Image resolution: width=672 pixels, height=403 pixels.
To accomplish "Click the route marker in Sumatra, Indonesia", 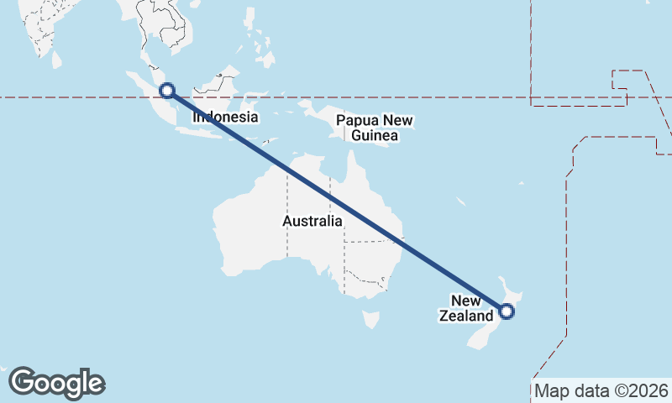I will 167,91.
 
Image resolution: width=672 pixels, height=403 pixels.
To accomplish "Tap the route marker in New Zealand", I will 507,311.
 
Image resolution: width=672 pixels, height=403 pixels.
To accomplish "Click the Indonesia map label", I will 225,118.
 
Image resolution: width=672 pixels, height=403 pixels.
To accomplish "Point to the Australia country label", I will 312,222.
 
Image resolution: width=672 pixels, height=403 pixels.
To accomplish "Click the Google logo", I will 57,383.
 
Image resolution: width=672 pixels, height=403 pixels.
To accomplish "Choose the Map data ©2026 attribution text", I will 601,390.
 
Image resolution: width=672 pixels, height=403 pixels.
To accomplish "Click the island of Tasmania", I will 370,320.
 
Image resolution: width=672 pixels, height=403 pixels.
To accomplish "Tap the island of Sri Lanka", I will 56,59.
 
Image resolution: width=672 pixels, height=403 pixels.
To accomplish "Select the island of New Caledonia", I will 461,202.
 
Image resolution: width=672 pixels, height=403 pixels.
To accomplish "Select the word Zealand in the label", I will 465,317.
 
